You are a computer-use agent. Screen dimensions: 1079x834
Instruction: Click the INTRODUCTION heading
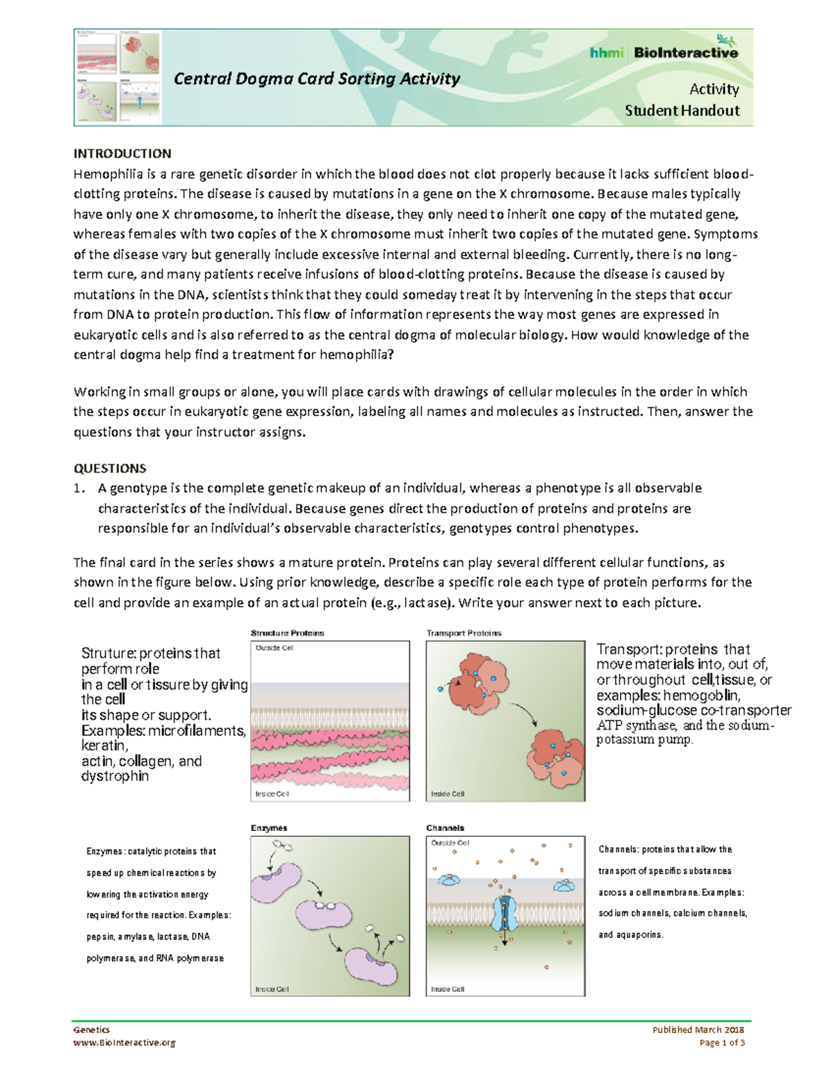122,154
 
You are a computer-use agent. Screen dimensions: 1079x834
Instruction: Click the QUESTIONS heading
110,468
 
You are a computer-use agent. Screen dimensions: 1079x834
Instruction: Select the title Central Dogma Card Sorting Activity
317,79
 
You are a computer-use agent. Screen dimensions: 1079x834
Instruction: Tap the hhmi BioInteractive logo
664,52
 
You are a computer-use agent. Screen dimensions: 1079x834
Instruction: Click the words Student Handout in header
682,110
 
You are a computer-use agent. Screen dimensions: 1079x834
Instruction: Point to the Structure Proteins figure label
287,633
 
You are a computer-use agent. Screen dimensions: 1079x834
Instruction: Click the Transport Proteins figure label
464,633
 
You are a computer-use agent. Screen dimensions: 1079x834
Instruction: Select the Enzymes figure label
268,828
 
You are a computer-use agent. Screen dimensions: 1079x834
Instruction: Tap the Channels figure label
445,828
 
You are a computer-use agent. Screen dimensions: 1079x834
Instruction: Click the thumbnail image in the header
117,77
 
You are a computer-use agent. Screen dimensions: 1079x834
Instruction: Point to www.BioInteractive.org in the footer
124,1042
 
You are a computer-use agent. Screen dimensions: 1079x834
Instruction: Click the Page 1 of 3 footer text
722,1042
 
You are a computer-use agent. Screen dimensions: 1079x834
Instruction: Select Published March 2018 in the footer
698,1030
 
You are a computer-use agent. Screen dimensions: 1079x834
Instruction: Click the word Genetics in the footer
92,1030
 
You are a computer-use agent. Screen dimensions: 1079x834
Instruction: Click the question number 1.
79,488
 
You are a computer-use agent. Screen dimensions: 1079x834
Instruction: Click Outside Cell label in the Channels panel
450,843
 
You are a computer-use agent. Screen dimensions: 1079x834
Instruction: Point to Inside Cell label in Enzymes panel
272,989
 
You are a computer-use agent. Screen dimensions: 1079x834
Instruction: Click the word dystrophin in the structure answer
115,776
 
